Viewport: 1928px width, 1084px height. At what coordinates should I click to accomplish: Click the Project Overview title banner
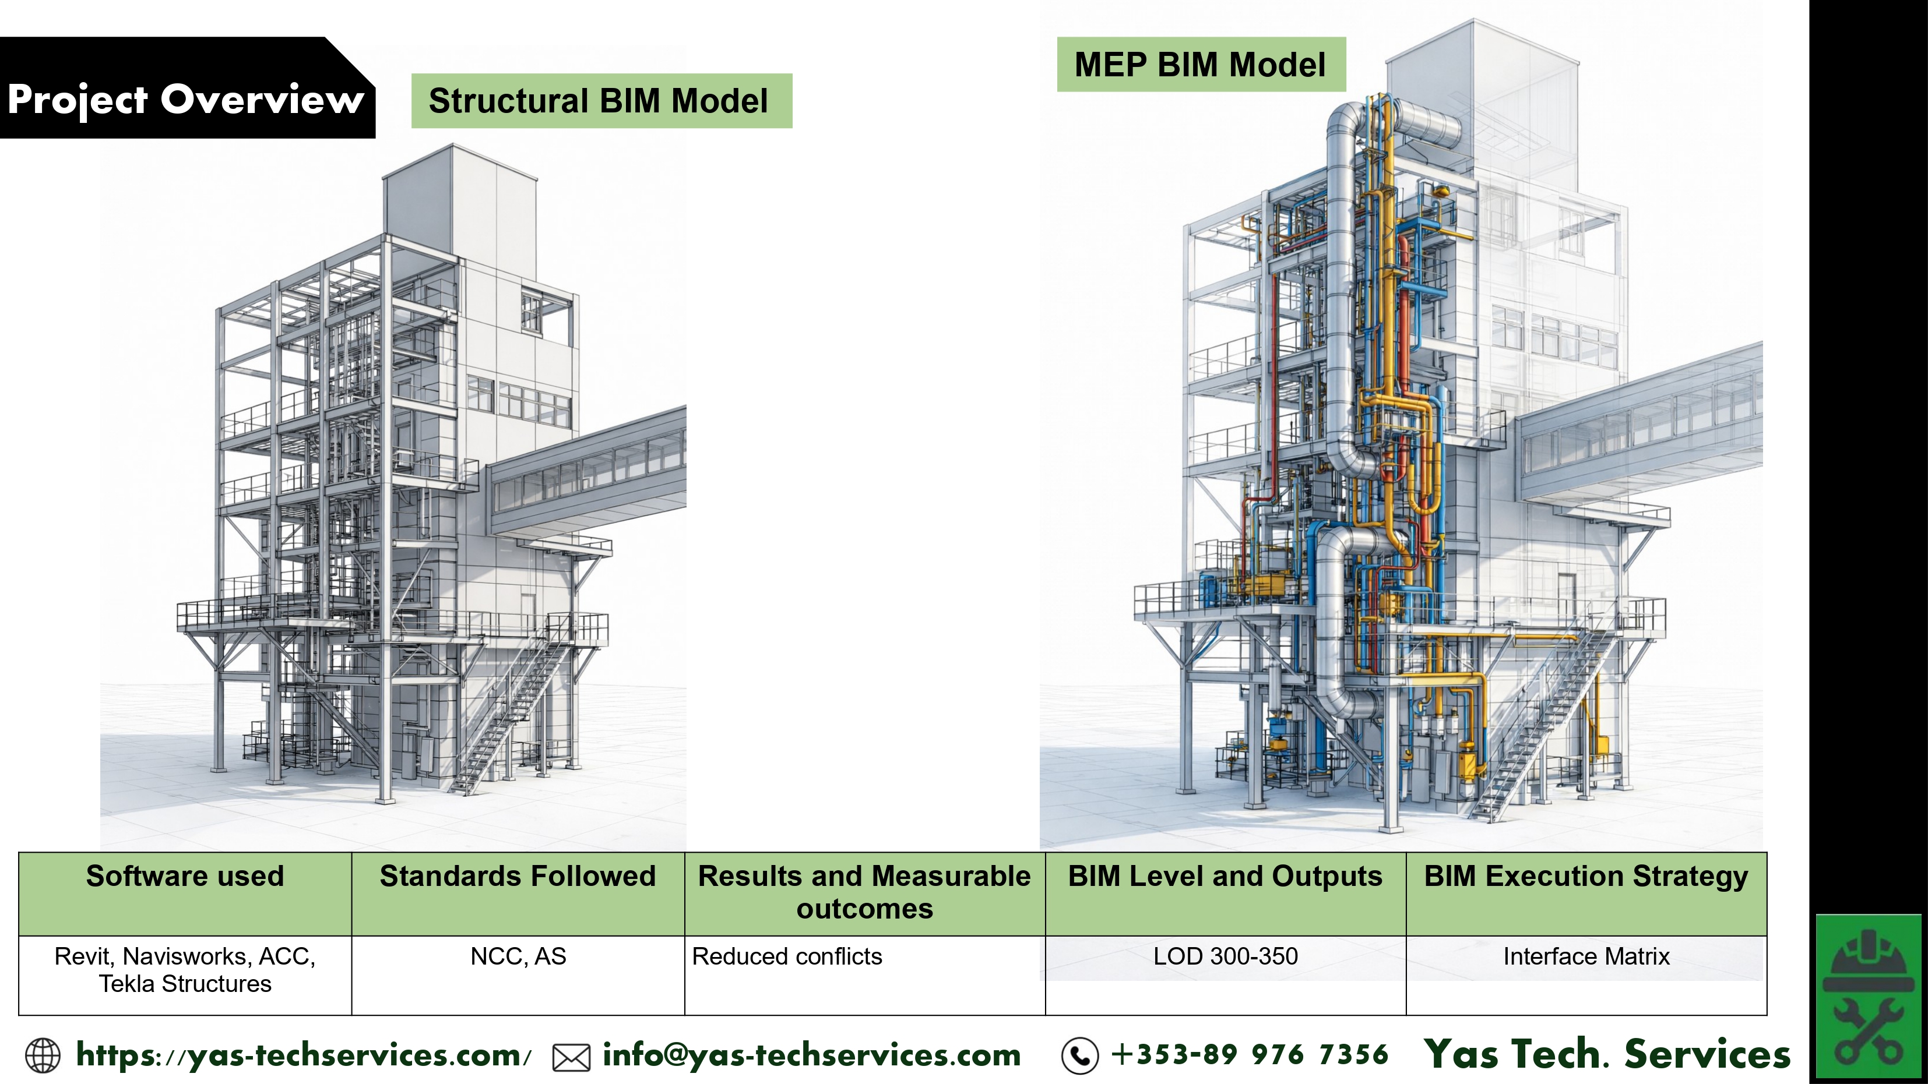[x=185, y=99]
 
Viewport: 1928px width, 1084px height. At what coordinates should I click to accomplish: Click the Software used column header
[x=185, y=876]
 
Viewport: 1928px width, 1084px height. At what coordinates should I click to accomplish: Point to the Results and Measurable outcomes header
[x=864, y=892]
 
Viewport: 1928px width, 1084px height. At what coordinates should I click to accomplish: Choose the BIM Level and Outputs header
[x=1225, y=876]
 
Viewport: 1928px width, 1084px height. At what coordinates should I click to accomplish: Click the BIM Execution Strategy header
[x=1586, y=876]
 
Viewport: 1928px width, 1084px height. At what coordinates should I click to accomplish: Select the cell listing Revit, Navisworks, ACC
[x=185, y=969]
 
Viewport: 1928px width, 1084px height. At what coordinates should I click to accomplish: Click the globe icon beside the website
[x=43, y=1055]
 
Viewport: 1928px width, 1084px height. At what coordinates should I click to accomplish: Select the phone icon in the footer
[x=1079, y=1055]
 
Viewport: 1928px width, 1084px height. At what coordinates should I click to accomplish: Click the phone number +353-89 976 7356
[x=1250, y=1055]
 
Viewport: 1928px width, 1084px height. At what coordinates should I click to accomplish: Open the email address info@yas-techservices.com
[x=811, y=1055]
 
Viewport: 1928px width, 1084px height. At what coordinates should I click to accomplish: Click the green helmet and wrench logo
[x=1867, y=997]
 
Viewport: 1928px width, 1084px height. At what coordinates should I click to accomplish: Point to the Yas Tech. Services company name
[x=1607, y=1054]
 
